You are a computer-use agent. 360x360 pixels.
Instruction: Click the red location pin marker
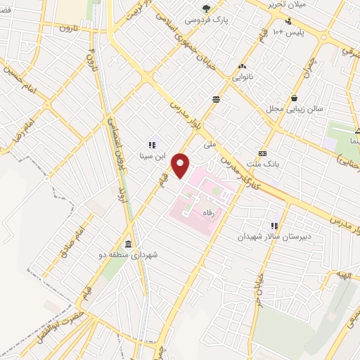tap(181, 165)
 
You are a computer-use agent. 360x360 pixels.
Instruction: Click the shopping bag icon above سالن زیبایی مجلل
tap(293, 98)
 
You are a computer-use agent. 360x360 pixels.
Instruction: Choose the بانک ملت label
tap(266, 164)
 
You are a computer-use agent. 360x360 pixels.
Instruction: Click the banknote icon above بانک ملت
tap(263, 153)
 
